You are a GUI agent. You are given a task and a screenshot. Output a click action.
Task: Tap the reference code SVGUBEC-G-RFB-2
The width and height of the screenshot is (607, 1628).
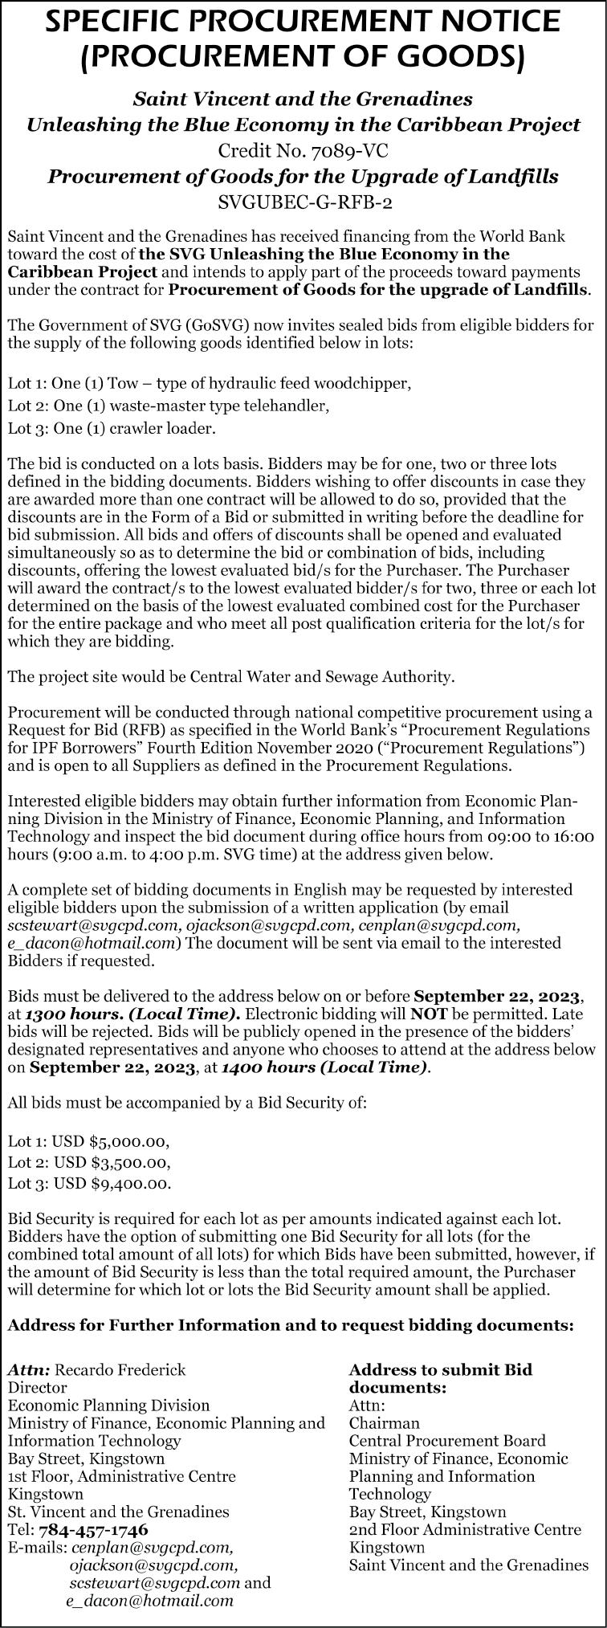click(304, 202)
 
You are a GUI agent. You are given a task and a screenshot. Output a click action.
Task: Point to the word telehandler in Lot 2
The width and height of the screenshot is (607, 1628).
click(291, 406)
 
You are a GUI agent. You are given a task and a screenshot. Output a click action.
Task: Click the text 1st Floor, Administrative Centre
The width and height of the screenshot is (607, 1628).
click(121, 1476)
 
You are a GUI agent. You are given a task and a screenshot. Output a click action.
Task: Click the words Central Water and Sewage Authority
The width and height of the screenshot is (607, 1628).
click(320, 676)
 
